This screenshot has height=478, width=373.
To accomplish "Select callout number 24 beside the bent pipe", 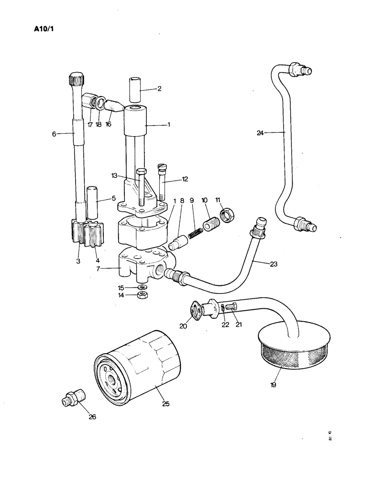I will click(260, 133).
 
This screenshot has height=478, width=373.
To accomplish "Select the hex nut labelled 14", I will click(142, 296).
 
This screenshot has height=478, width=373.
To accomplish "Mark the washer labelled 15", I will click(142, 287).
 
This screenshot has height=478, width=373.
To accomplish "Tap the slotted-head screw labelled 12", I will click(162, 181).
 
